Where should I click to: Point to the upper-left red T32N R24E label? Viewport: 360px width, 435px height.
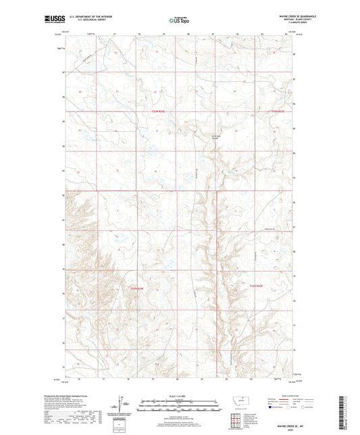pyautogui.click(x=158, y=111)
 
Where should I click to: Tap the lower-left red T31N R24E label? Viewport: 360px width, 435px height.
pyautogui.click(x=138, y=289)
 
